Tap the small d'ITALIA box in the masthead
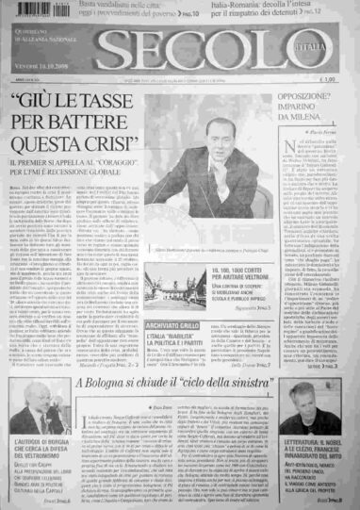click(x=321, y=43)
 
